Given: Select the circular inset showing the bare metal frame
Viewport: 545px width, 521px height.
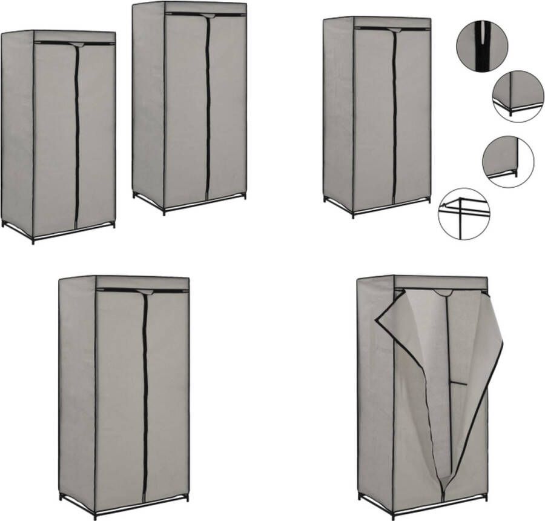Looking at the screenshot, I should point(463,213).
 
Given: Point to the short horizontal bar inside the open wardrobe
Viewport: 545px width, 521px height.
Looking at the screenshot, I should point(458,383).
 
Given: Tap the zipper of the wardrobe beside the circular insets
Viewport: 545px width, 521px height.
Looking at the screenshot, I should point(394,115).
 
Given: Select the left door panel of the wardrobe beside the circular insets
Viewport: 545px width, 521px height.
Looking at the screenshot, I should point(374,115).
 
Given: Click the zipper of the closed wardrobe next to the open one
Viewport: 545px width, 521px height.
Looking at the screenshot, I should point(145,394).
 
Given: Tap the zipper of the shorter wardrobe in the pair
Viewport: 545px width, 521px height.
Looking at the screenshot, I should point(77,133).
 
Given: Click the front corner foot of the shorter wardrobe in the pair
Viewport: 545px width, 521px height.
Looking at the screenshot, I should point(33,241).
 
